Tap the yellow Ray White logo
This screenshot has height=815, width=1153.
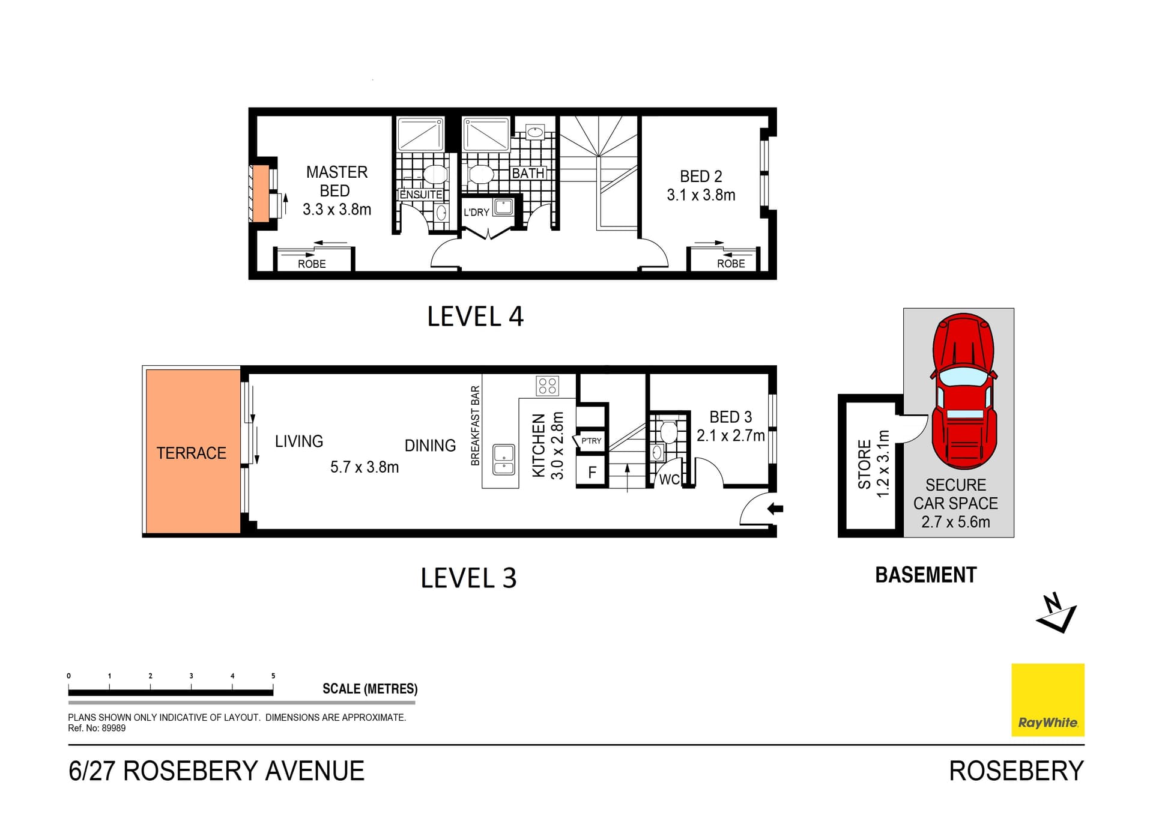(1047, 699)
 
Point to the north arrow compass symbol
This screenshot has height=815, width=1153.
(1056, 613)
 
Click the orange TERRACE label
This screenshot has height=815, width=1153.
(192, 453)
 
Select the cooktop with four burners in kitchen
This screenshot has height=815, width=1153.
(547, 386)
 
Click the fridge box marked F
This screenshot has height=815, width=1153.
(592, 473)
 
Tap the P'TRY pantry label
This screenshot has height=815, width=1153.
(591, 441)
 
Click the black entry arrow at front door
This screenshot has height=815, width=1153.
(775, 509)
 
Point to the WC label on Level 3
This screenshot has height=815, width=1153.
(669, 479)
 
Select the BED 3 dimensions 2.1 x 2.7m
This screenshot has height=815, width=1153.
(730, 435)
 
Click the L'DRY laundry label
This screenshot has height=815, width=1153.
(476, 212)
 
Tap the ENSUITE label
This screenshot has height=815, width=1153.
(421, 195)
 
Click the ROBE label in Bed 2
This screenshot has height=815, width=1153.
(730, 264)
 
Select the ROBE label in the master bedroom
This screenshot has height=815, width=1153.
(312, 264)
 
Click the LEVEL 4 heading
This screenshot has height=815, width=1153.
(475, 317)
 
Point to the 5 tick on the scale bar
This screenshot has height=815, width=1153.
(273, 676)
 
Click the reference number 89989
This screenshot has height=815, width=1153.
(113, 728)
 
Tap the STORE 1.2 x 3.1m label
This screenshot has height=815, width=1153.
(873, 464)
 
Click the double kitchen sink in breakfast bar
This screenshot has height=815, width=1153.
(504, 460)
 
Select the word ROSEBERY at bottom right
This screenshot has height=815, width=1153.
(1016, 771)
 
